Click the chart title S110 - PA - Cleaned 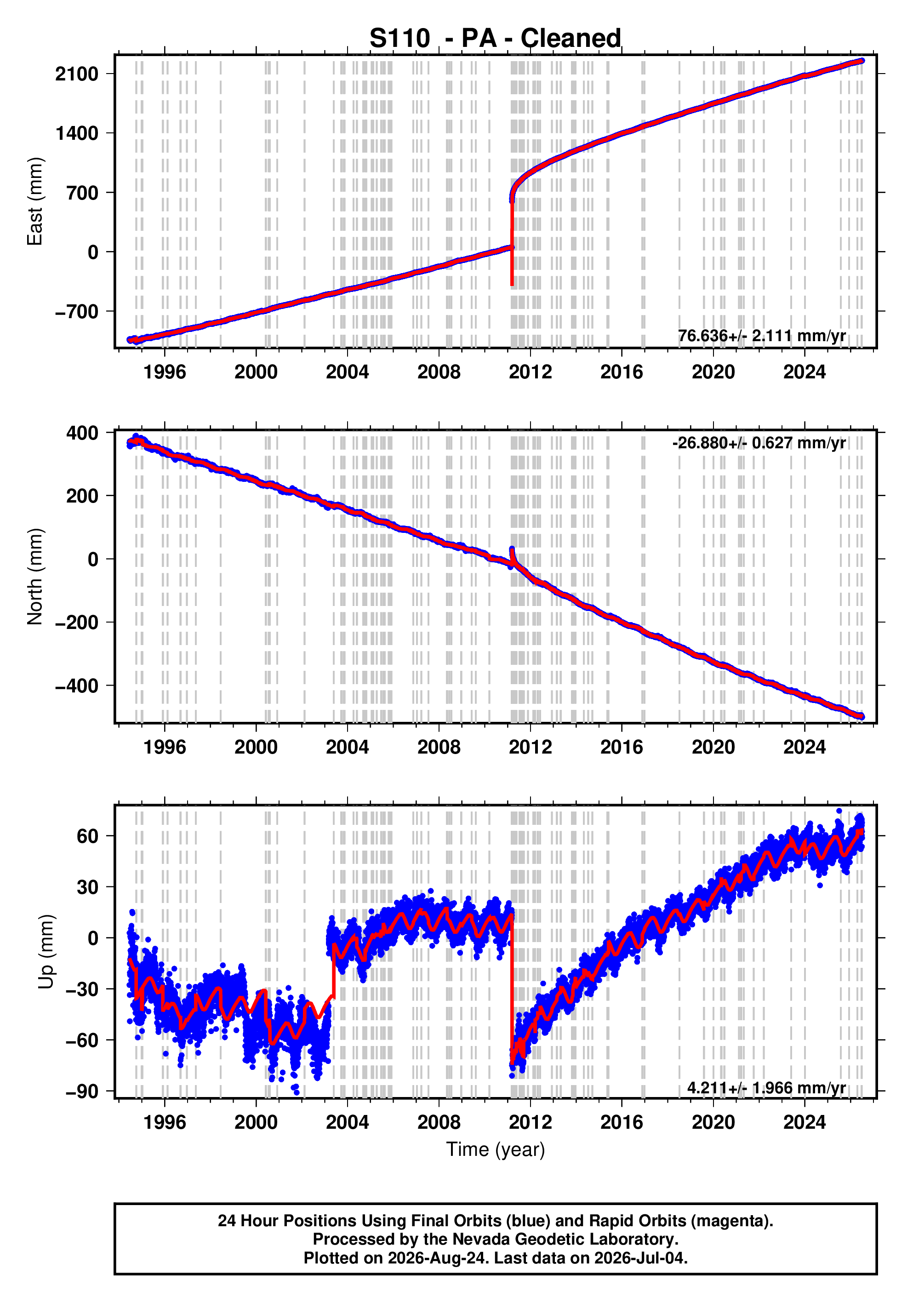tap(496, 38)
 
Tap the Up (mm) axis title tap(46, 952)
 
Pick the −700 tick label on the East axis tap(77, 312)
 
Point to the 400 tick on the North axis tap(82, 433)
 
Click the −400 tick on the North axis tap(77, 686)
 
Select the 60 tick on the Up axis tap(88, 836)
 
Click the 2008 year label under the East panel tap(439, 372)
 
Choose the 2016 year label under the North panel tap(622, 748)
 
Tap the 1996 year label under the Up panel tap(165, 1122)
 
